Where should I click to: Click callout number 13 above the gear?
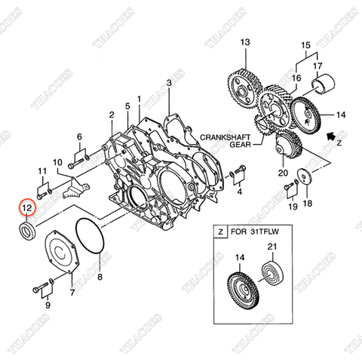244,43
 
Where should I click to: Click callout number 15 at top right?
306,44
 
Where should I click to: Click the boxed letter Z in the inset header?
219,234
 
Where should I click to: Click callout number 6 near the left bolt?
79,137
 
